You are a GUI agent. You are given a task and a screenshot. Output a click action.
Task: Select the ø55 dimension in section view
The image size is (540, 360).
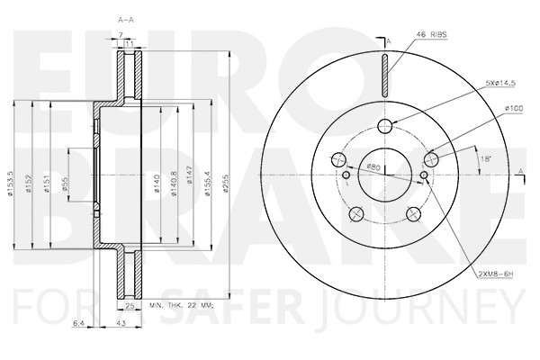pyautogui.click(x=66, y=183)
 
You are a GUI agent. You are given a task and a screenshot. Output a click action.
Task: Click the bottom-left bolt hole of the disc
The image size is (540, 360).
pyautogui.click(x=355, y=212)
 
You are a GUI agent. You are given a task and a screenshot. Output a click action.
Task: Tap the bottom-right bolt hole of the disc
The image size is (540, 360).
pyautogui.click(x=413, y=212)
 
